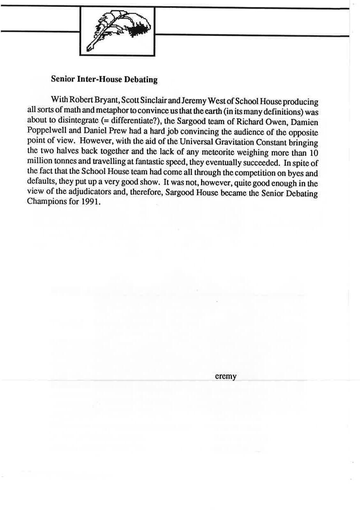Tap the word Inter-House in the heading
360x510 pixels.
tap(96, 79)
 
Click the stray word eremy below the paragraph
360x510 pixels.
tap(226, 376)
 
